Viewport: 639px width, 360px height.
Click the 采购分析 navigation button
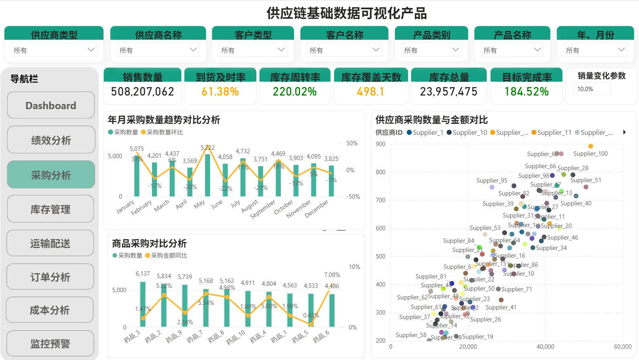pos(51,175)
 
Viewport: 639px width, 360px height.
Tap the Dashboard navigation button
pos(51,106)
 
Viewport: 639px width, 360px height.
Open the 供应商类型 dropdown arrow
pos(91,50)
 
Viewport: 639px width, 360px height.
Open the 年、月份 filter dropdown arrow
pos(621,50)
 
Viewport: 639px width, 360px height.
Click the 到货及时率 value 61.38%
pos(220,92)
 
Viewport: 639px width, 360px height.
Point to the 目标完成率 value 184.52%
pos(526,92)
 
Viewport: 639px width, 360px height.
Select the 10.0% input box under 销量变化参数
pos(592,89)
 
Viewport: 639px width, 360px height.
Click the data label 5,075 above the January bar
pos(136,149)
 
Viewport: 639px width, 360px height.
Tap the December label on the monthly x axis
pos(316,209)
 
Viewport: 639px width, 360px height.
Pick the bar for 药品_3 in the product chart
pos(143,304)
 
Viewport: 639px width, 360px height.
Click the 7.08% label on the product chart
pos(332,275)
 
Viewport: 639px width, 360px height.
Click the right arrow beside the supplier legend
pos(624,132)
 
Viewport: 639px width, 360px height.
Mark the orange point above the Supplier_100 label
pos(590,146)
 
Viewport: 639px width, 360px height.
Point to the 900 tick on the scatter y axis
pos(380,144)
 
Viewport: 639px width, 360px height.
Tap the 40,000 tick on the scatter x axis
pos(545,347)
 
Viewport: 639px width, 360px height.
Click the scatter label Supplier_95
pos(491,181)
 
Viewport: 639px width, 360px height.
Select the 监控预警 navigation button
pos(51,344)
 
